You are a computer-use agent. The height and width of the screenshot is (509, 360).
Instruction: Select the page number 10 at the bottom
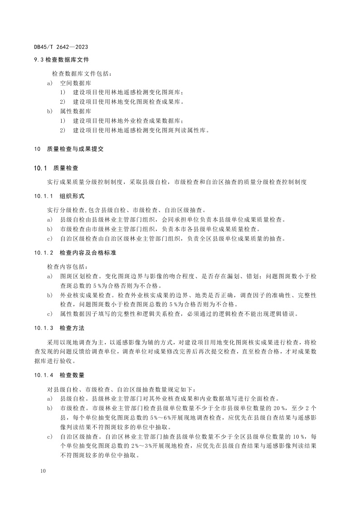(x=44, y=472)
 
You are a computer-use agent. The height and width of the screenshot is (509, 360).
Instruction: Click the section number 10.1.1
(x=44, y=197)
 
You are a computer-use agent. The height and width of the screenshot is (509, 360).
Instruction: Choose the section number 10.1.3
(x=44, y=327)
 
